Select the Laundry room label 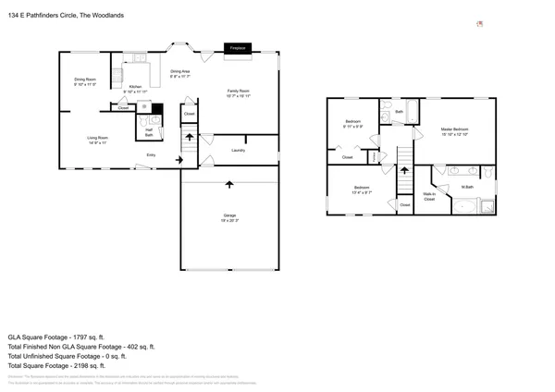click(238, 150)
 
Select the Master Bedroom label click(454, 130)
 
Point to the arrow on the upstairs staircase click(404, 171)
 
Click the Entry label click(151, 155)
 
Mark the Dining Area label click(180, 73)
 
